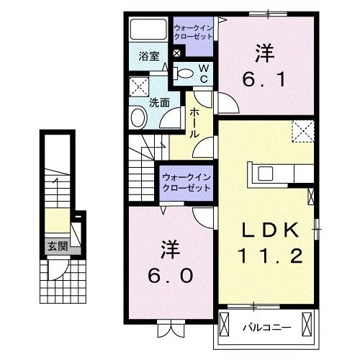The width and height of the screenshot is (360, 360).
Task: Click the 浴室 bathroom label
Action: click(x=149, y=55)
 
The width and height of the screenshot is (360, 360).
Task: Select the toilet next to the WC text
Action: click(x=185, y=73)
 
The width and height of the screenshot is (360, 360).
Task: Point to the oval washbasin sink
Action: click(x=138, y=117)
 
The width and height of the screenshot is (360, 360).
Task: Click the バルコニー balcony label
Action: click(x=266, y=326)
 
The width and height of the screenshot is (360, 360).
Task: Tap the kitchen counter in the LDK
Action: click(x=277, y=174)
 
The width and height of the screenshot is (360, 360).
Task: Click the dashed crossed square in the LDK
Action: click(x=302, y=132)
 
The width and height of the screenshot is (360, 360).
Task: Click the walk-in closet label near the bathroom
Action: click(x=192, y=33)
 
